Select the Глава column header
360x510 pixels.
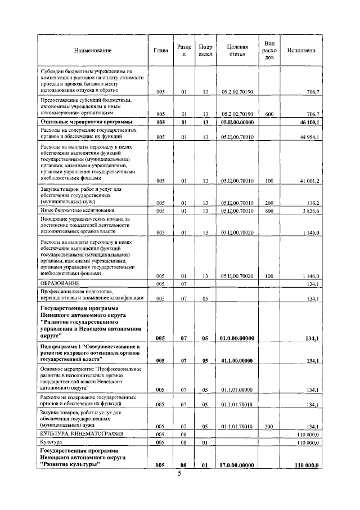pyautogui.click(x=161, y=51)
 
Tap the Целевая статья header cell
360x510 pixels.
pyautogui.click(x=237, y=51)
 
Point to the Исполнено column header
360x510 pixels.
pyautogui.click(x=301, y=51)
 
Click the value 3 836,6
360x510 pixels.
pyautogui.click(x=309, y=211)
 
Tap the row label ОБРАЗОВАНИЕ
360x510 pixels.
pyautogui.click(x=59, y=283)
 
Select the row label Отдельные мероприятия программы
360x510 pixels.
pyautogui.click(x=86, y=122)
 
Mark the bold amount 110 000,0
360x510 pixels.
pyautogui.click(x=307, y=466)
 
